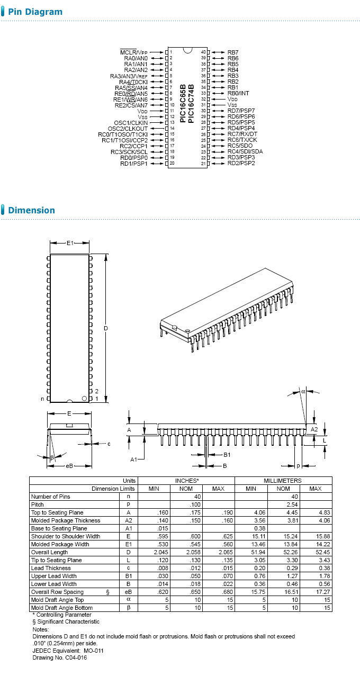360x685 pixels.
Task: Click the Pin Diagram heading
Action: point(35,12)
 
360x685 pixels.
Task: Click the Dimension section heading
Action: point(32,210)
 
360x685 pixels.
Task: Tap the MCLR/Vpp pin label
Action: point(133,52)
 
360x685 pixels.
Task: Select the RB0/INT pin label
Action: point(238,93)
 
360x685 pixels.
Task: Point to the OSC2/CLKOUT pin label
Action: point(128,129)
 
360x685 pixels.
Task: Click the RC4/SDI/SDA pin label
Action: point(245,151)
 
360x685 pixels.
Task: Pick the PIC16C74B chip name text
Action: point(191,103)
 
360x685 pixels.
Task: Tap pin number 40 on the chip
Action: point(203,52)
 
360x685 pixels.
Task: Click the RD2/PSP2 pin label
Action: point(241,163)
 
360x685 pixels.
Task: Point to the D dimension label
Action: point(106,328)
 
